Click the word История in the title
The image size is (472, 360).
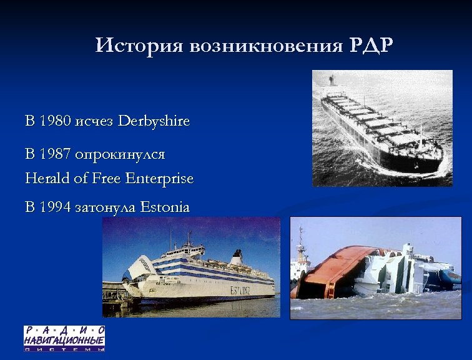pos(140,46)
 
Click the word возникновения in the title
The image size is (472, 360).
pos(265,46)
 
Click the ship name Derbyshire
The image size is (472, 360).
pos(154,121)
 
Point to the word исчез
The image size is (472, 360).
pos(94,121)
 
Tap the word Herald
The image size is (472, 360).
pos(47,179)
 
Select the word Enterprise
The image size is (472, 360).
pos(159,179)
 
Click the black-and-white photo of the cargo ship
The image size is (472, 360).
pos(382,128)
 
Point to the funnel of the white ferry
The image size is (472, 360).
pos(237,257)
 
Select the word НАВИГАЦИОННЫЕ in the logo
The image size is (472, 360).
pos(64,340)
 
